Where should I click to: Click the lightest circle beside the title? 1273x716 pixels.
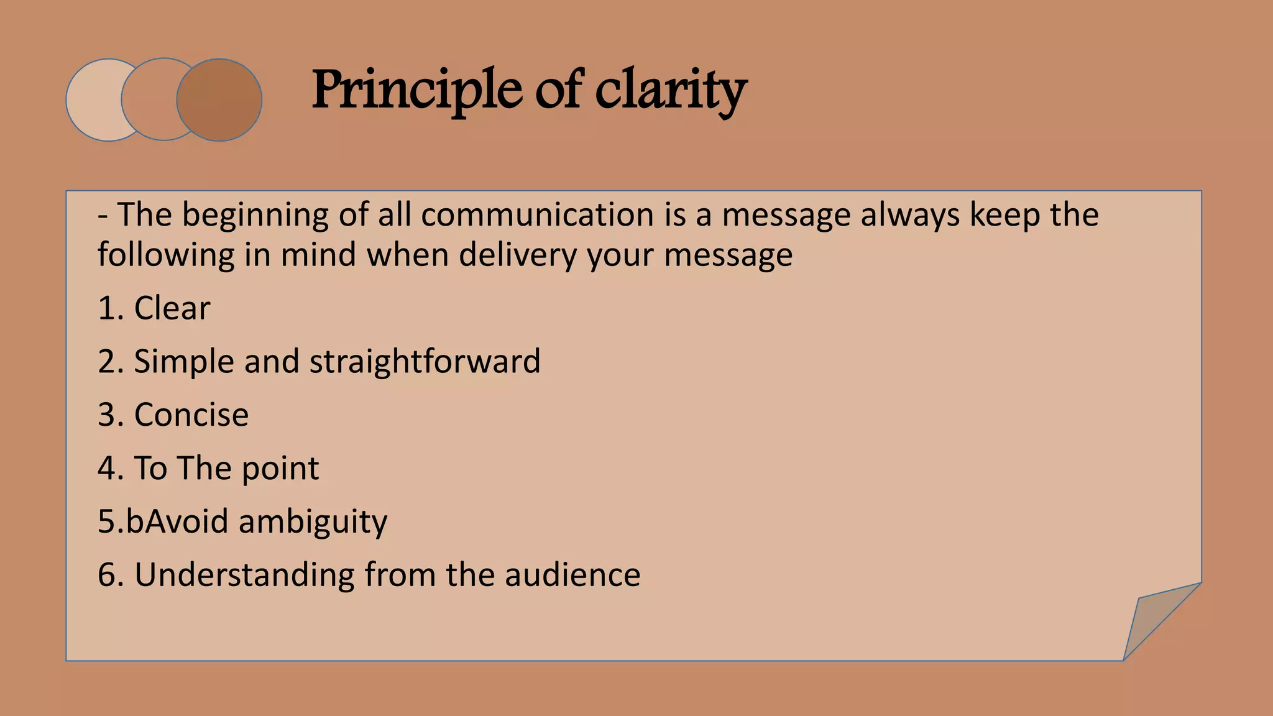coord(93,100)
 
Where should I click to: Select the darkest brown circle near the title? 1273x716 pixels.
coord(219,100)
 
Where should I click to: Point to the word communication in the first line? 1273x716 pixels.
coord(537,215)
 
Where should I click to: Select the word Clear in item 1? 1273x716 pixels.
coord(172,308)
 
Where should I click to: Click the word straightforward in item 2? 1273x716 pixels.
coord(425,362)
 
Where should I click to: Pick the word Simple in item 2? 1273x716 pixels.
coord(184,362)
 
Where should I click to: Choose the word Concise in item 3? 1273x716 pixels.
coord(191,415)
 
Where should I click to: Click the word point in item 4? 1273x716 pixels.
coord(280,469)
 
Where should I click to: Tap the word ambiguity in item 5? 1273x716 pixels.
coord(313,522)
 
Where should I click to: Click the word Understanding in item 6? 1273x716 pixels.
coord(244,575)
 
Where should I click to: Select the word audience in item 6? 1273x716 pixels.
coord(572,575)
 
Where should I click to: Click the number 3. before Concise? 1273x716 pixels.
coord(111,415)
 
